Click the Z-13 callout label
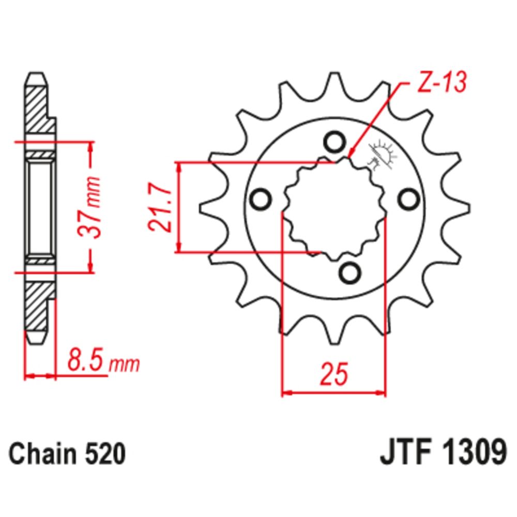[x=442, y=83]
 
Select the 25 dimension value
[x=333, y=374]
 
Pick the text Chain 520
[x=68, y=454]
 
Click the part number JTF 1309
[x=442, y=454]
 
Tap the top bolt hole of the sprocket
[x=333, y=141]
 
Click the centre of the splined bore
[x=335, y=207]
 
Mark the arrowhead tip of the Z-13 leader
[x=349, y=156]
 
